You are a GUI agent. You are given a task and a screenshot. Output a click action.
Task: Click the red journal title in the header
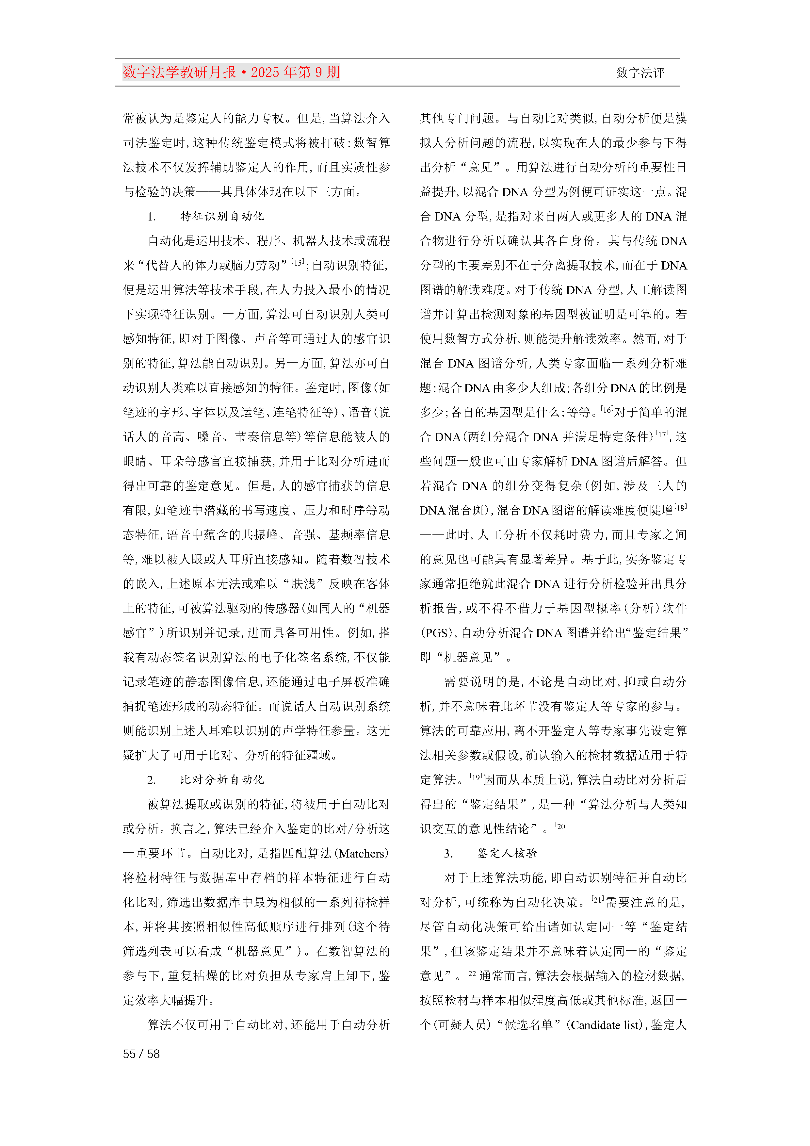[x=231, y=73]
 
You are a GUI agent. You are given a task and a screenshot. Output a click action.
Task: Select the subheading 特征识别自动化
[x=222, y=216]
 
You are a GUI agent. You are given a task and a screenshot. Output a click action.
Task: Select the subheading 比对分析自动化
[x=222, y=780]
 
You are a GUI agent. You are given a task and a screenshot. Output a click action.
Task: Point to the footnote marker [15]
[x=298, y=262]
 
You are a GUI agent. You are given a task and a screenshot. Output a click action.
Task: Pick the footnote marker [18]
[x=680, y=507]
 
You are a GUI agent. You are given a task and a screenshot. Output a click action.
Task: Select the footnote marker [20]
[x=561, y=826]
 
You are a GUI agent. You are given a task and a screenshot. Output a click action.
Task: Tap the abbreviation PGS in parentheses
[x=436, y=633]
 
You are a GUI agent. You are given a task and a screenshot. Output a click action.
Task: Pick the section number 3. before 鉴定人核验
[x=448, y=854]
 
